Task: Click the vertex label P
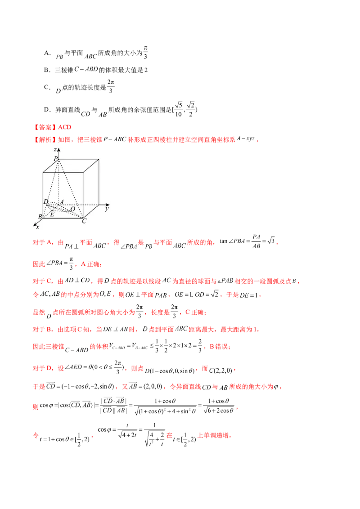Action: pyautogui.click(x=55, y=159)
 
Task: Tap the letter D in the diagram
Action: pyautogui.click(x=45, y=201)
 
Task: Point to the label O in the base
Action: pyautogui.click(x=72, y=209)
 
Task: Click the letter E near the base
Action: pyautogui.click(x=52, y=214)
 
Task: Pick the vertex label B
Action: pyautogui.click(x=40, y=217)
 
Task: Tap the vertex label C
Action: pyautogui.click(x=84, y=221)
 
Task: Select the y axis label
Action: pyautogui.click(x=107, y=209)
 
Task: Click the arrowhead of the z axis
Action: pyautogui.click(x=58, y=149)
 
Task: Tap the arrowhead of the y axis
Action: pyautogui.click(x=108, y=205)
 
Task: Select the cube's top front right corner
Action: pyautogui.click(x=84, y=172)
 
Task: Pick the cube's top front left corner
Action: pyautogui.click(x=43, y=172)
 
